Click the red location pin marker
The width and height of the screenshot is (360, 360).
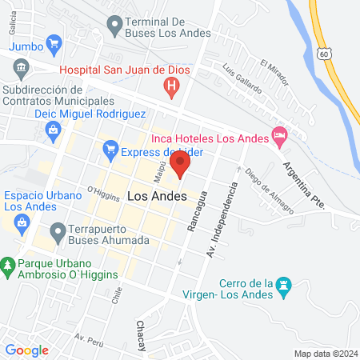point(181,166)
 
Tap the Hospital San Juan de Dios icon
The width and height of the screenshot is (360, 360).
point(170,87)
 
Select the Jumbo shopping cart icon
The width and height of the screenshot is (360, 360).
point(54,43)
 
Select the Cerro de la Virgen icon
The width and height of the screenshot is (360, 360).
point(283,285)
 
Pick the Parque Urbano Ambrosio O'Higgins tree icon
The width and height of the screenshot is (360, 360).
point(8,264)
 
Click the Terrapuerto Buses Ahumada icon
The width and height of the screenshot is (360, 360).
point(57,233)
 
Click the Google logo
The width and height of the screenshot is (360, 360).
point(26,350)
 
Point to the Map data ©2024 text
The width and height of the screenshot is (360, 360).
point(324,353)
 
